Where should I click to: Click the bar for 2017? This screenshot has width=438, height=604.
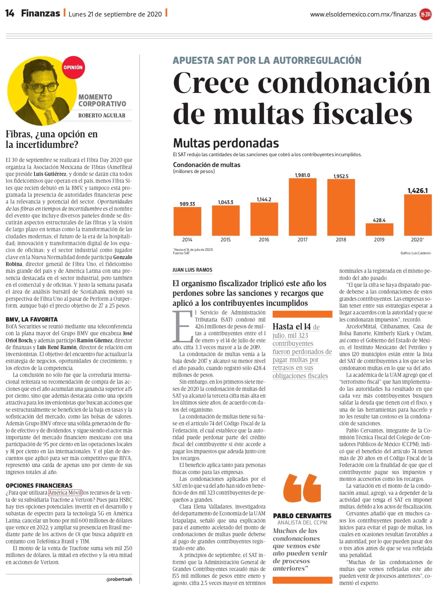coord(302,207)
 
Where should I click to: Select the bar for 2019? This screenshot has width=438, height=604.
coord(379,229)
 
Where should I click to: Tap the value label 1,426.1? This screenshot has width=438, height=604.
coord(417,191)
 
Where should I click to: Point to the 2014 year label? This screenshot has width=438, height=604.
coord(187,240)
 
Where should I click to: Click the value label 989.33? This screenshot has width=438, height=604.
coord(187,204)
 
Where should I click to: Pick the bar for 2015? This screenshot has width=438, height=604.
coord(226,221)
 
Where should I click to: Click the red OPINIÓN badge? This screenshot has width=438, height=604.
coord(73,68)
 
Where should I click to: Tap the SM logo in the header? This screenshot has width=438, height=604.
coord(425,15)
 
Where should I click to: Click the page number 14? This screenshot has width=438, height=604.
coord(10,13)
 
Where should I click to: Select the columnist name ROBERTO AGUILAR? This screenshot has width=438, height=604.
coord(102,115)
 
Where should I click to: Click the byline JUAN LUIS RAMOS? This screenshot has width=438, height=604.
coord(192,270)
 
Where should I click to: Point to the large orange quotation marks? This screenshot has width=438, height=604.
coord(302,488)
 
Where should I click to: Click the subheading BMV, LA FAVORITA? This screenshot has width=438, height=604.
coord(32,319)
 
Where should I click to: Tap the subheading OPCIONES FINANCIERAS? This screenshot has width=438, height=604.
coord(39,485)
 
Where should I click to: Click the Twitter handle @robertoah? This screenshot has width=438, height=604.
coord(119,579)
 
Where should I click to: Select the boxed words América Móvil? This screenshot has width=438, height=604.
coord(65,493)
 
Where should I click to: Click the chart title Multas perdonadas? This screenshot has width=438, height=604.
coord(226,143)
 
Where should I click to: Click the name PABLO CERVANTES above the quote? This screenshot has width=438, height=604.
coord(302,516)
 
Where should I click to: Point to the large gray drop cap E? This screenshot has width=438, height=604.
coord(184,327)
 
